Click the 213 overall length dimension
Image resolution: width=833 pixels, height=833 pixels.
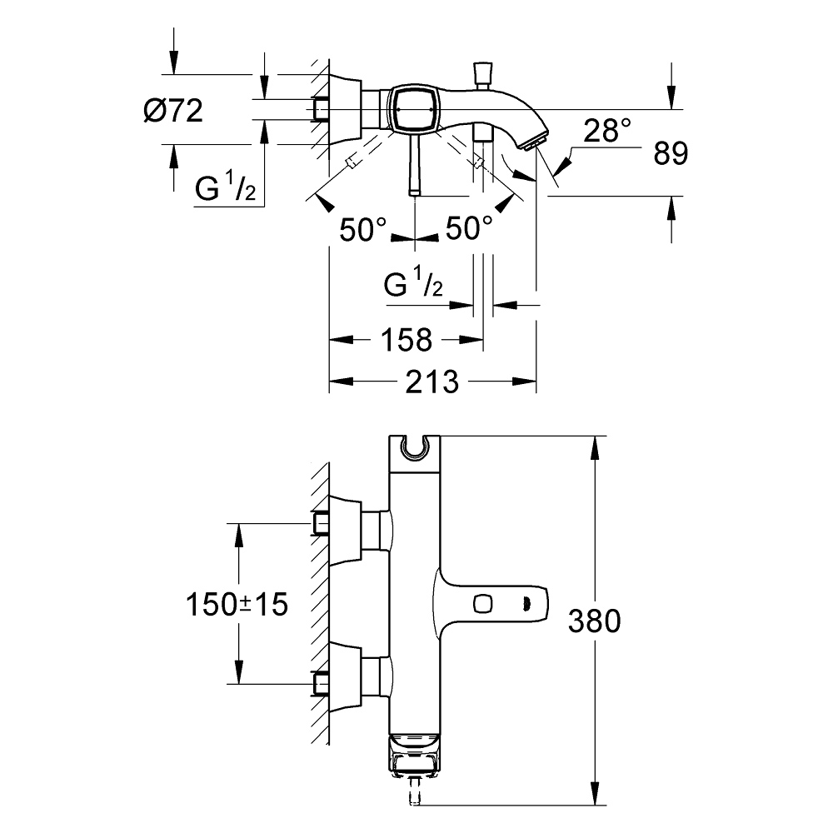pyautogui.click(x=433, y=382)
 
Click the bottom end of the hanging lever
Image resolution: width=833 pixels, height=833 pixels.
pyautogui.click(x=414, y=190)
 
